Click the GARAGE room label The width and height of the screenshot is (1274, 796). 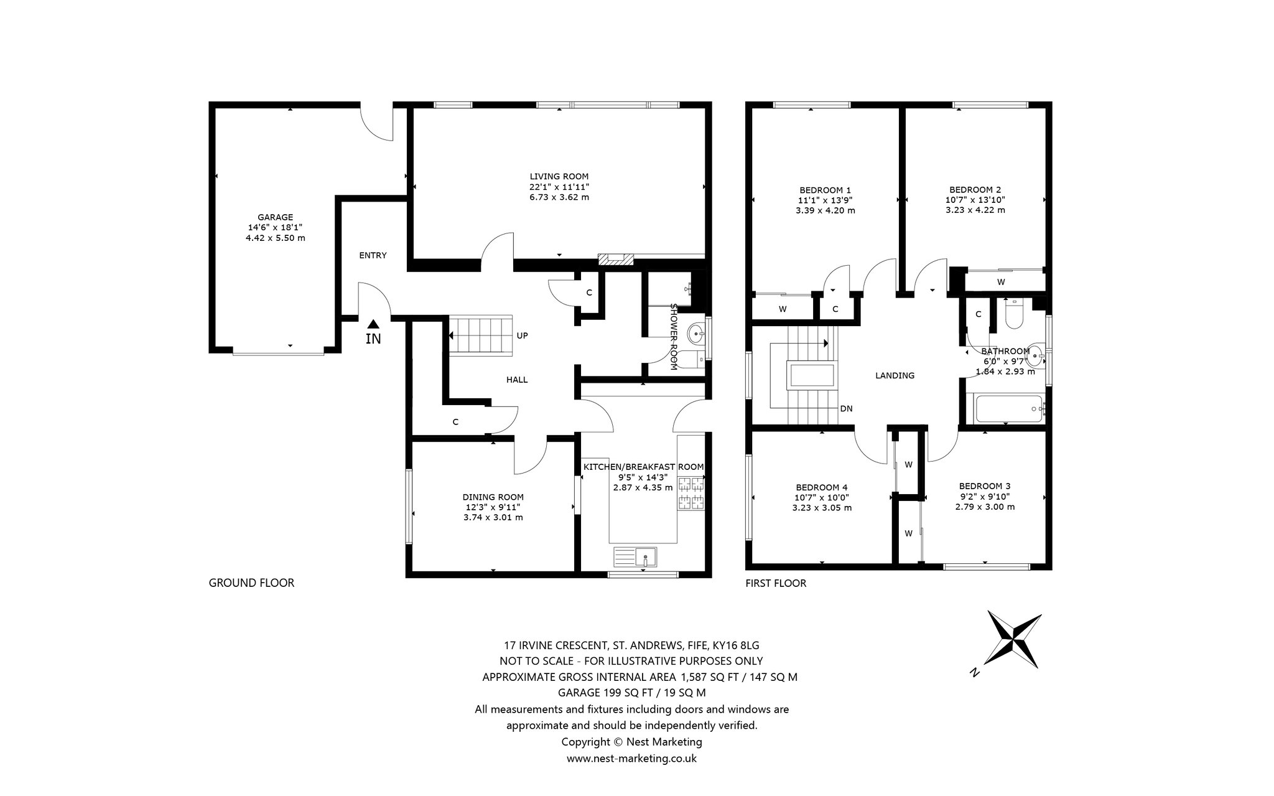276,217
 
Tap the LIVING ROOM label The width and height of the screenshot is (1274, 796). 559,176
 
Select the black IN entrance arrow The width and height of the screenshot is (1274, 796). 373,324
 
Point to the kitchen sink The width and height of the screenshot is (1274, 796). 636,556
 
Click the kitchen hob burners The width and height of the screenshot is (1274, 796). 692,493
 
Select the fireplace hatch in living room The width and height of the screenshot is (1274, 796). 615,260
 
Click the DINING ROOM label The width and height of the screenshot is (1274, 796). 493,497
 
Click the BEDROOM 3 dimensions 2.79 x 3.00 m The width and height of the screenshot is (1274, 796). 985,507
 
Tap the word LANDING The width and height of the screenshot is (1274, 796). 895,375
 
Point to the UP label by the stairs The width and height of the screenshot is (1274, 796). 523,335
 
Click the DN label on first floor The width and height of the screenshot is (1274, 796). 846,409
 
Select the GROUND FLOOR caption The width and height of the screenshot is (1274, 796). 251,583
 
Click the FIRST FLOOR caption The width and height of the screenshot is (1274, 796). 776,583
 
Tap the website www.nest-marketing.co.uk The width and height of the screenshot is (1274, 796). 631,759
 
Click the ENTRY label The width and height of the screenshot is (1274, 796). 373,255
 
